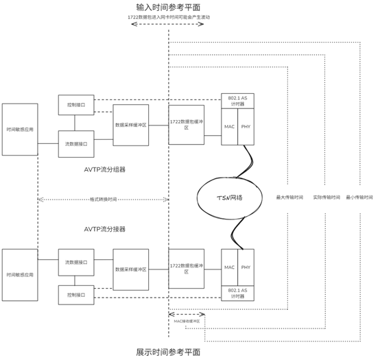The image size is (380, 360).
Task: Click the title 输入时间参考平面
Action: (168, 6)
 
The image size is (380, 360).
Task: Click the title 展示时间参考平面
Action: (168, 350)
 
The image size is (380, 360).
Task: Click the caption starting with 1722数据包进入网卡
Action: (168, 15)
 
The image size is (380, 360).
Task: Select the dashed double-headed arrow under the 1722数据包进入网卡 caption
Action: (168, 25)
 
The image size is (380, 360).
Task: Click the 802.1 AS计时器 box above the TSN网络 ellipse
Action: (237, 101)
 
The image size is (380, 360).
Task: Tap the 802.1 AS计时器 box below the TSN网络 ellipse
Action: (237, 293)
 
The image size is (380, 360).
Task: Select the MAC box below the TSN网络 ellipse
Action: (229, 267)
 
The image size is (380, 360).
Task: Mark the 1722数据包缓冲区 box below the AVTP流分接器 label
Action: (186, 267)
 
